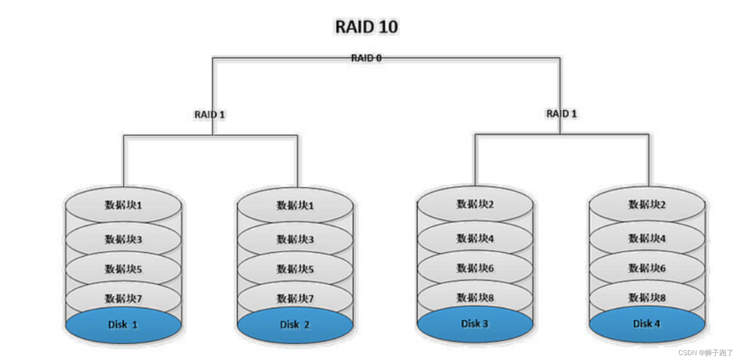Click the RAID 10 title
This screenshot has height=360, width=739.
pos(366,27)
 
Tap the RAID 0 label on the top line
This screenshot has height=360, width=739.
pos(366,58)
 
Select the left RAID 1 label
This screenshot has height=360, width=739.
pos(209,115)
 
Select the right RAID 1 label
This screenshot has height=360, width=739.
pos(561,114)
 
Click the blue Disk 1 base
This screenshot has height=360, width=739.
pos(123,325)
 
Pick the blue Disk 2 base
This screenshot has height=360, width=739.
pos(295,325)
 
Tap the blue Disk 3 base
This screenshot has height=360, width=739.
pos(475,324)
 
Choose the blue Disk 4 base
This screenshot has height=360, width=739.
pos(646,324)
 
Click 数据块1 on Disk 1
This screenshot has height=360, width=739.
pos(123,205)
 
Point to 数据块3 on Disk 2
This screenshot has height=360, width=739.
pos(295,240)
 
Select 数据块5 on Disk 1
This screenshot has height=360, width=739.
pos(123,269)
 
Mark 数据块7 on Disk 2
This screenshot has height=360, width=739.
pos(295,299)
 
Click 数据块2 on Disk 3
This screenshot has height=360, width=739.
pos(475,204)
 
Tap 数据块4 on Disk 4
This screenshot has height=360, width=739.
pos(647,238)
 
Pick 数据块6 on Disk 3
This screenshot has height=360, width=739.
pos(475,268)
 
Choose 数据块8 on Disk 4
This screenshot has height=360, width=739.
pos(647,298)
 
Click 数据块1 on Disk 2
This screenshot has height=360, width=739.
pos(295,205)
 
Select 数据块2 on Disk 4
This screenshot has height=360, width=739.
pos(647,204)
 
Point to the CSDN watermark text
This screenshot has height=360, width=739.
pos(705,353)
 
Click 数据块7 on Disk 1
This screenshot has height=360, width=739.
pos(123,299)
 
